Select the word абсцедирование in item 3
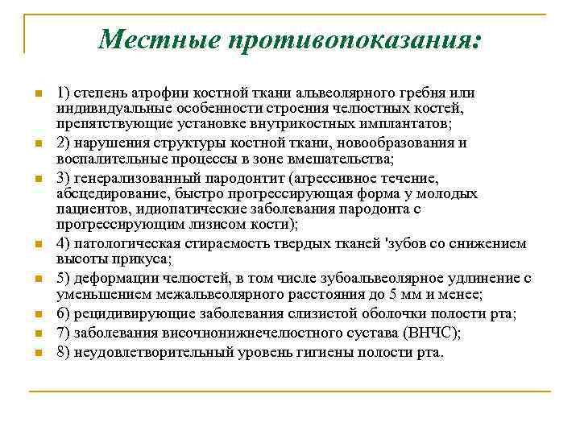101,194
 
